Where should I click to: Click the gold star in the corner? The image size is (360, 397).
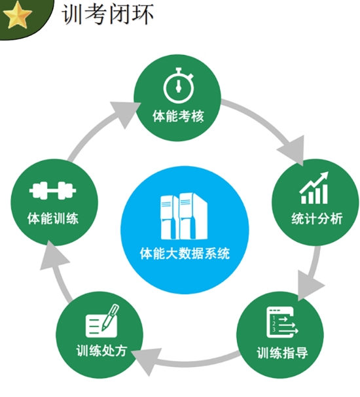[x=17, y=14]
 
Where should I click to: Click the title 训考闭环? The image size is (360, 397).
[x=107, y=14]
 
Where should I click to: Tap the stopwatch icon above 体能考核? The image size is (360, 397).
[x=179, y=86]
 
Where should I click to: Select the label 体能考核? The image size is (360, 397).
[x=178, y=116]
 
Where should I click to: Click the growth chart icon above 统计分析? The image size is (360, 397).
[x=314, y=188]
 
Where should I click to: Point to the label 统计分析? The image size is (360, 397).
[x=317, y=218]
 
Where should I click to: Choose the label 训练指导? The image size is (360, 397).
[x=282, y=353]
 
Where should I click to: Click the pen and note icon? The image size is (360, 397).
[x=102, y=320]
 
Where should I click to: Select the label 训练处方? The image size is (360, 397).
[x=101, y=351]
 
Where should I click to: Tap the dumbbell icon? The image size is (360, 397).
[x=53, y=190]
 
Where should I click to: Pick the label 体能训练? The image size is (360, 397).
[x=53, y=218]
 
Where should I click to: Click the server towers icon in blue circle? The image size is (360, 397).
[x=184, y=216]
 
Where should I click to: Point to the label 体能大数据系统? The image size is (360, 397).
[x=185, y=253]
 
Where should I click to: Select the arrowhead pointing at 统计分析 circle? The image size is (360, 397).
[x=294, y=150]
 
